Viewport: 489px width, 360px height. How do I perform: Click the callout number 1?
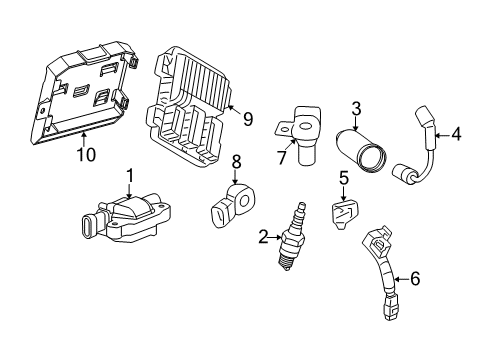tap(128, 177)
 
